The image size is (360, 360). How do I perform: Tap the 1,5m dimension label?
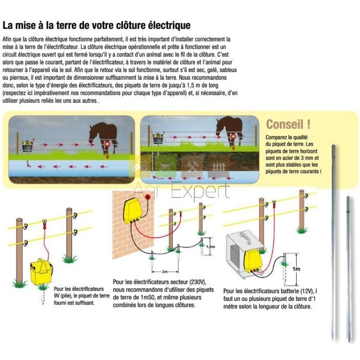(210, 246)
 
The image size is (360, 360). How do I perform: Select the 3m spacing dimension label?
(165, 272)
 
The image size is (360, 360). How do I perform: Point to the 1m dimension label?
(296, 268)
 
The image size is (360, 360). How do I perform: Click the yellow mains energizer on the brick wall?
(133, 211)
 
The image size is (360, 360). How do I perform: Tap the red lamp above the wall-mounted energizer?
(148, 196)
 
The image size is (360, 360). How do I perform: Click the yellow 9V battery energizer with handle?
(41, 272)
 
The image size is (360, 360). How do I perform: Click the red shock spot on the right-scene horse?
(233, 136)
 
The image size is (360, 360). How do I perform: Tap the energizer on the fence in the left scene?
(28, 146)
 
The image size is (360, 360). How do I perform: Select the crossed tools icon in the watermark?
(192, 167)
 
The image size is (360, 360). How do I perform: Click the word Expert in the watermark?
(201, 191)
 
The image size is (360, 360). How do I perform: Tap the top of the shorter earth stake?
(348, 196)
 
